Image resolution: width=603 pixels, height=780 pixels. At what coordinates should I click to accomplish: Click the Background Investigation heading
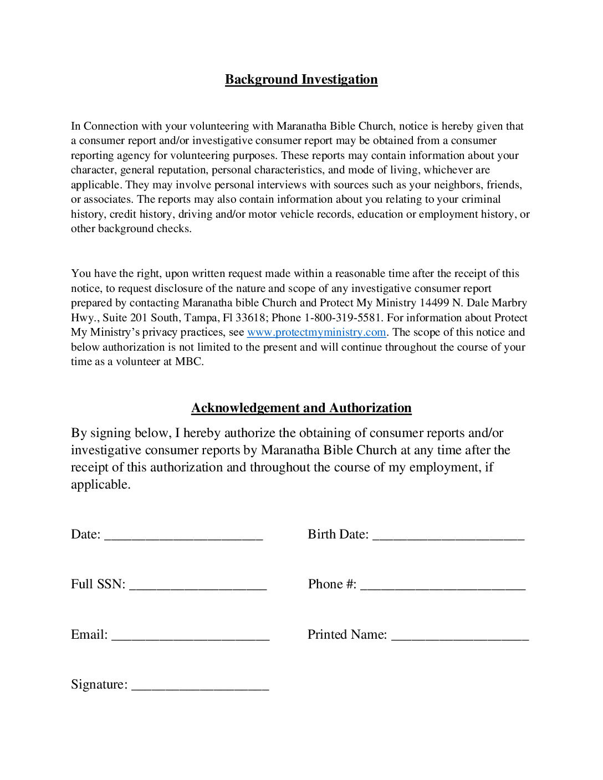(x=301, y=79)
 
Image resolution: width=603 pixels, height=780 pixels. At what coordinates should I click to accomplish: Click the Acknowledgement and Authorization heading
(x=301, y=408)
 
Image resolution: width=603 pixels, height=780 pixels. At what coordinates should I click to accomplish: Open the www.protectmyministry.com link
(x=316, y=332)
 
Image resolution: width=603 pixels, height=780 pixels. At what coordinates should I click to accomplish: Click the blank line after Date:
(x=183, y=535)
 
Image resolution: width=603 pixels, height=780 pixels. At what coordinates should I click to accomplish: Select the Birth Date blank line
(x=448, y=535)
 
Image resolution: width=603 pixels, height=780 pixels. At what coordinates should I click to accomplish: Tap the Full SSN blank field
(x=198, y=585)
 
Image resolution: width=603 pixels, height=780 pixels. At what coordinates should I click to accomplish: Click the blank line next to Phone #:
(x=443, y=585)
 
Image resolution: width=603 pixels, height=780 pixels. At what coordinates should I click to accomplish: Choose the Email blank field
(x=191, y=635)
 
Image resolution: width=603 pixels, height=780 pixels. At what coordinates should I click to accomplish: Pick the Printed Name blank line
(x=460, y=635)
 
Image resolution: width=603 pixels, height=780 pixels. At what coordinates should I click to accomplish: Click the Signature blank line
(x=200, y=685)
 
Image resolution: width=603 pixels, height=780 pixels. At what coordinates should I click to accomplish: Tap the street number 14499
(x=434, y=303)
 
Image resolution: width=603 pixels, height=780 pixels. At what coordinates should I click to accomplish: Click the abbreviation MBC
(x=189, y=362)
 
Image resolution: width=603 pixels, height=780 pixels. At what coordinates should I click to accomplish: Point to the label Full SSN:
(x=98, y=584)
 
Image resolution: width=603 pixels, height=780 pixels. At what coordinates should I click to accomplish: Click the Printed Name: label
(x=347, y=635)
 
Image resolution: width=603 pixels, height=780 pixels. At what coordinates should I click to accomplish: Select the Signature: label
(x=99, y=685)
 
